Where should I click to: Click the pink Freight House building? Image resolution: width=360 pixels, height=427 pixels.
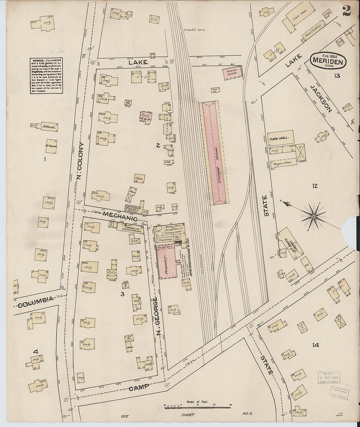215,152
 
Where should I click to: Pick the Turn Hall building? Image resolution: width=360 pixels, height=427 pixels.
279,138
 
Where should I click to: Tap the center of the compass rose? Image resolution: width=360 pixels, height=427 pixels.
314,216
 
